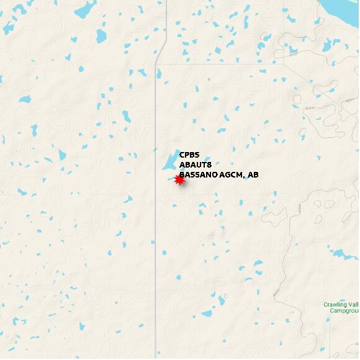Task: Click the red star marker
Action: (x=179, y=180)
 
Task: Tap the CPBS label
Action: (x=189, y=155)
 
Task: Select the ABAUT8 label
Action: (x=196, y=165)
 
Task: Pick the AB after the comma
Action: (x=253, y=175)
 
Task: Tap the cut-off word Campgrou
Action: (x=344, y=310)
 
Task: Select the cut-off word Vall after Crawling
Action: (x=353, y=304)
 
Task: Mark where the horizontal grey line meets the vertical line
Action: (x=155, y=63)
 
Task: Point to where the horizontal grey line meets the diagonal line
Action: (x=284, y=63)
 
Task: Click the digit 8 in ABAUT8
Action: (x=210, y=165)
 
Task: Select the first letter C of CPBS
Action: (x=182, y=155)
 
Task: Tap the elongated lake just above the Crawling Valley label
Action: (x=340, y=253)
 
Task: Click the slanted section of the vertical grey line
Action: (x=161, y=53)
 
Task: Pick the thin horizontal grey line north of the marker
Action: (x=217, y=63)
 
